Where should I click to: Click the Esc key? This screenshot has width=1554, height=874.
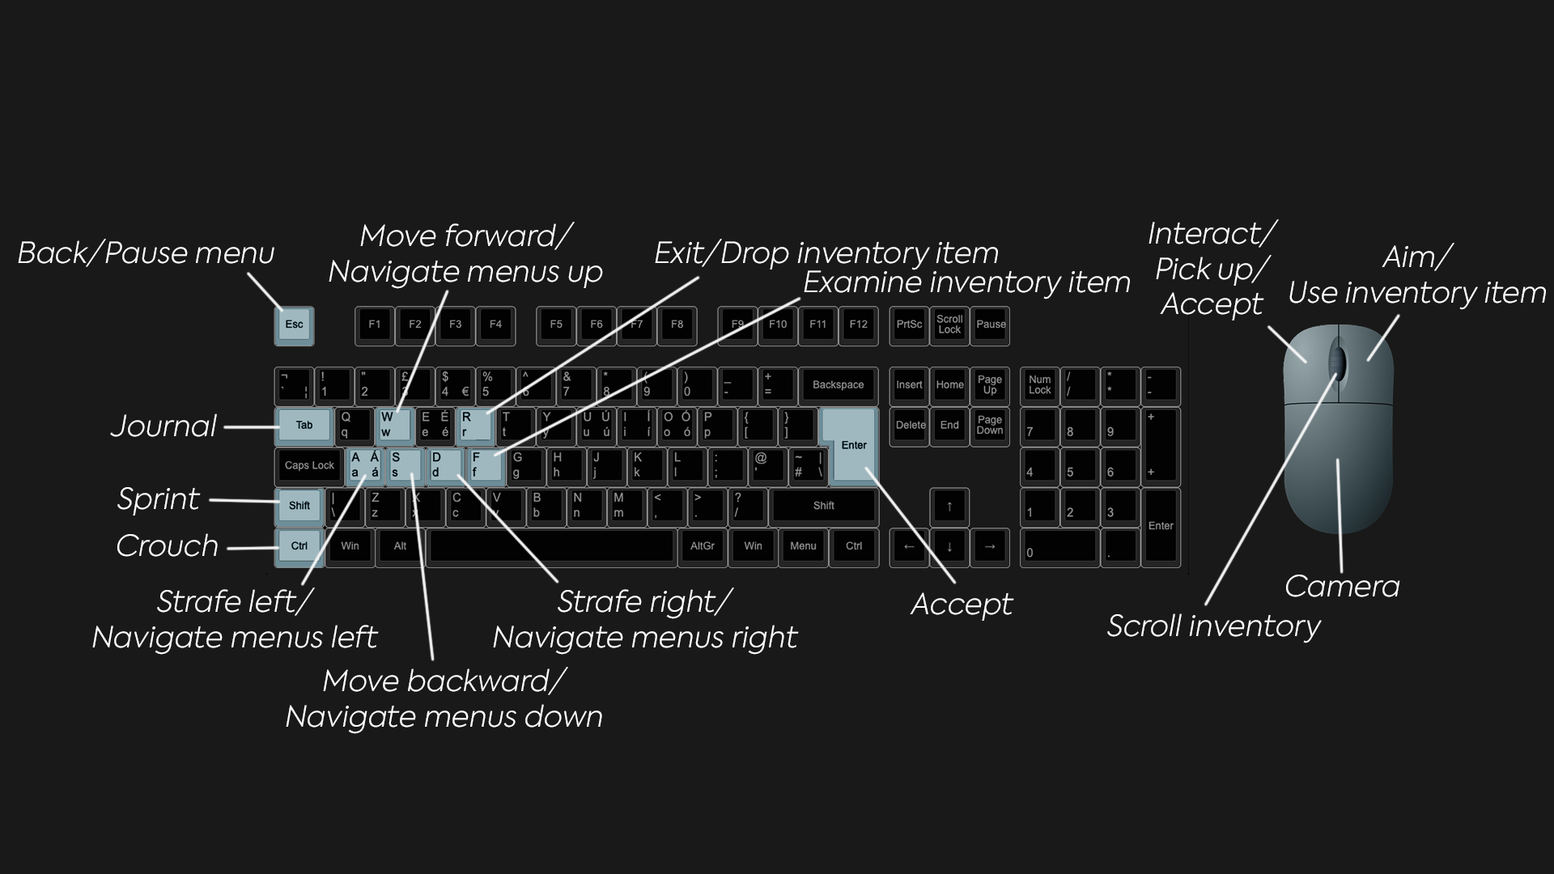[x=294, y=325]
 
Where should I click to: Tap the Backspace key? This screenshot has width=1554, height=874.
[x=838, y=385]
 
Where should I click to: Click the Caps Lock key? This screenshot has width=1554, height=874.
[x=309, y=465]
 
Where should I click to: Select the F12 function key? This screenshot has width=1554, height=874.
[x=858, y=325]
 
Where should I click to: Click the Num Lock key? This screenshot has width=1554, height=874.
[x=1039, y=385]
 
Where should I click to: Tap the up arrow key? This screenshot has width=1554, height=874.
[x=949, y=507]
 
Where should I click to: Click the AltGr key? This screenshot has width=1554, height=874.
[x=702, y=546]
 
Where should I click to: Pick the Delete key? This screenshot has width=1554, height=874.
[x=910, y=426]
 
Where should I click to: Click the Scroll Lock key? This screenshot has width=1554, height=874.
[x=949, y=325]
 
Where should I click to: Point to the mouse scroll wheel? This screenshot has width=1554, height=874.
[x=1337, y=361]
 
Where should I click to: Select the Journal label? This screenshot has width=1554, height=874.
[x=163, y=426]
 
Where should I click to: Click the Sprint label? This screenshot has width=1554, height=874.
[x=158, y=499]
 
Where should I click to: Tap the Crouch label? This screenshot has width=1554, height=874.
[x=167, y=546]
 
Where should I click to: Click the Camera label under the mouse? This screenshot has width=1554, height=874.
[x=1342, y=587]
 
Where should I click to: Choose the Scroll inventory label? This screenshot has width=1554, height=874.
[x=1213, y=626]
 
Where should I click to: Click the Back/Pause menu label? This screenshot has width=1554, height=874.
[x=146, y=253]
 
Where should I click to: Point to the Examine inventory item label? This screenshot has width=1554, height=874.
[x=966, y=282]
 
